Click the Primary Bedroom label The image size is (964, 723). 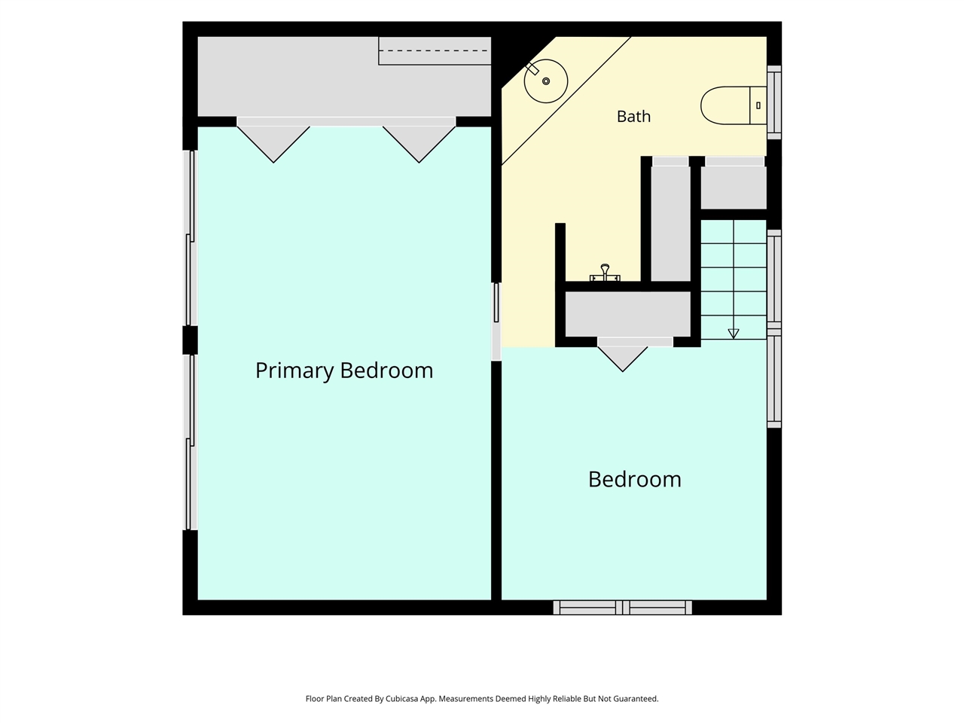344,371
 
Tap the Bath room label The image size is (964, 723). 633,117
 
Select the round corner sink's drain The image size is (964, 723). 546,81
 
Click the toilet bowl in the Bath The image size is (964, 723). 725,105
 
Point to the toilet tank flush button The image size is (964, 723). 758,105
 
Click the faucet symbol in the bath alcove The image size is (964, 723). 605,273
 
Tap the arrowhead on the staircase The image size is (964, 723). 734,334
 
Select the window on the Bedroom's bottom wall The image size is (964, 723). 622,608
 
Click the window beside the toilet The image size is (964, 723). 774,102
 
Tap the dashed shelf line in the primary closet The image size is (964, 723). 435,50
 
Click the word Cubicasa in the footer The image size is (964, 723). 401,698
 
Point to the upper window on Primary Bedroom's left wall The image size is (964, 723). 191,237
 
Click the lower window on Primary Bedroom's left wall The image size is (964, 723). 191,442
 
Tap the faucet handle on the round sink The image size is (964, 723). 532,69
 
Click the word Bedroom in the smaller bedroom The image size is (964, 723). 635,480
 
